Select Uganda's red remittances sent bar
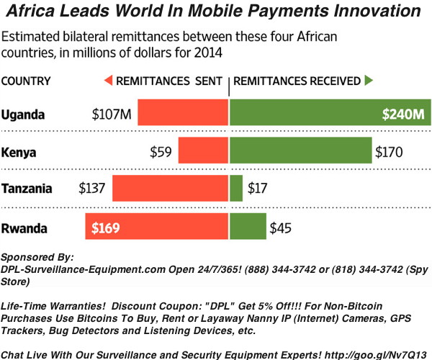(183, 114)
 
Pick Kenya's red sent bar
(203, 152)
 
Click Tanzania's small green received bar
(236, 189)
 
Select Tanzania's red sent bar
(170, 189)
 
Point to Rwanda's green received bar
(248, 228)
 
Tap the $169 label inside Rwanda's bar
(105, 228)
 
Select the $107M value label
(112, 114)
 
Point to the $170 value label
(390, 153)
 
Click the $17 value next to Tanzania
(258, 190)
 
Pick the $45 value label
(282, 228)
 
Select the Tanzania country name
(27, 189)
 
